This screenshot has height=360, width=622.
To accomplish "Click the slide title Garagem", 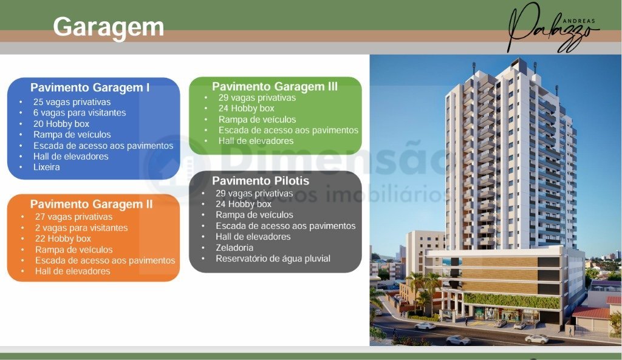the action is pyautogui.click(x=108, y=27).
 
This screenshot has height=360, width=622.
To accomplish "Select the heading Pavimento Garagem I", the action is pyautogui.click(x=90, y=87).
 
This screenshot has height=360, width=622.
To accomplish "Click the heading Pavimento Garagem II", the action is pyautogui.click(x=91, y=204).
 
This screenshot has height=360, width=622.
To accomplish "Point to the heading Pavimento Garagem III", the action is pyautogui.click(x=275, y=86).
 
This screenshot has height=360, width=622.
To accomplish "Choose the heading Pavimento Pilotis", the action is pyautogui.click(x=261, y=181).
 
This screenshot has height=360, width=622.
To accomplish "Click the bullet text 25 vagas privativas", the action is pyautogui.click(x=72, y=102).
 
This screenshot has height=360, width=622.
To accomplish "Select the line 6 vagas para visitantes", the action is pyautogui.click(x=80, y=112).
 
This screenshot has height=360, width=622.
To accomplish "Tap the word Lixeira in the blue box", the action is pyautogui.click(x=46, y=167).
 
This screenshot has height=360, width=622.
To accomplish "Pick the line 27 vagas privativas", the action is pyautogui.click(x=73, y=217).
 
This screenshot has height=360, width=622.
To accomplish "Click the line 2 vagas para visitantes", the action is pyautogui.click(x=81, y=228).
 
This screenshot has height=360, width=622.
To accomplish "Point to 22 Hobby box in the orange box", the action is pyautogui.click(x=63, y=239).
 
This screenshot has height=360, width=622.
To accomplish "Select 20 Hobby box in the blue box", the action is pyautogui.click(x=61, y=124).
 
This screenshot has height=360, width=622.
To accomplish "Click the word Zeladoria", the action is pyautogui.click(x=234, y=248).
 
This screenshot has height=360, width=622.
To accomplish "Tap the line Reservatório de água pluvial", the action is pyautogui.click(x=273, y=259).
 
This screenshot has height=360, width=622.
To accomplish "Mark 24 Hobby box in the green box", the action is pyautogui.click(x=247, y=108).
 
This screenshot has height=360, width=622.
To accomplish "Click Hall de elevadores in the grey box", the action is pyautogui.click(x=253, y=237).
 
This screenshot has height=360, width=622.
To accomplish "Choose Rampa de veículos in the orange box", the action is pyautogui.click(x=73, y=250).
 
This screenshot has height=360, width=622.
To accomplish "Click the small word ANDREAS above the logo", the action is pyautogui.click(x=579, y=21).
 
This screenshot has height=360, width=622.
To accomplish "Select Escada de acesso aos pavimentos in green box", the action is pyautogui.click(x=289, y=130).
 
